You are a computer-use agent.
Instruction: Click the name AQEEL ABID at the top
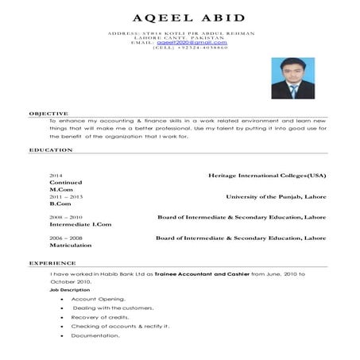180,17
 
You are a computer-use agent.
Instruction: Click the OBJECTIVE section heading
48,114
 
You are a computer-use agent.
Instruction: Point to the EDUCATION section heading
51,149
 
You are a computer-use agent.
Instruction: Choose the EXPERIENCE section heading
52,262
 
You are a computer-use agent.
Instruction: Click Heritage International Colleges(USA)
267,174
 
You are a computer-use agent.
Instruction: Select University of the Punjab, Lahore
276,195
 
